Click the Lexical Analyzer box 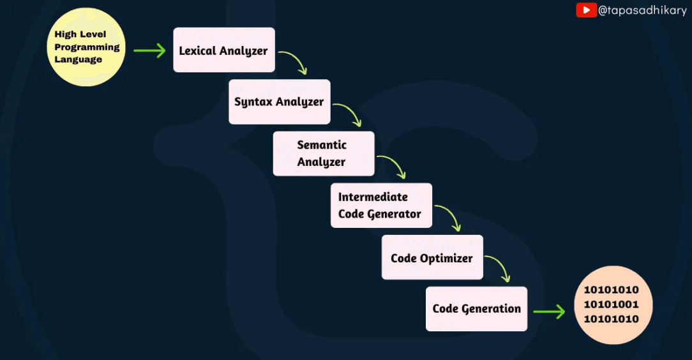[223, 50]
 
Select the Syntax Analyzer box [279, 101]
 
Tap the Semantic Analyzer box [323, 153]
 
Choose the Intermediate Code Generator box [380, 205]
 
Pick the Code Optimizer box [432, 257]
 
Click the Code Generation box [476, 308]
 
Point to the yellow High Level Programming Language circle [86, 47]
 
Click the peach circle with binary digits [611, 304]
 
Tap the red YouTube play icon [586, 10]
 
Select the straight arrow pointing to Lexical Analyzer [149, 50]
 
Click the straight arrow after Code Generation [549, 311]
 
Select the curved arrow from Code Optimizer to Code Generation [499, 268]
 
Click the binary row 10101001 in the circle [611, 304]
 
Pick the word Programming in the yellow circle [87, 47]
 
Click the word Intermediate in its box [373, 197]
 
